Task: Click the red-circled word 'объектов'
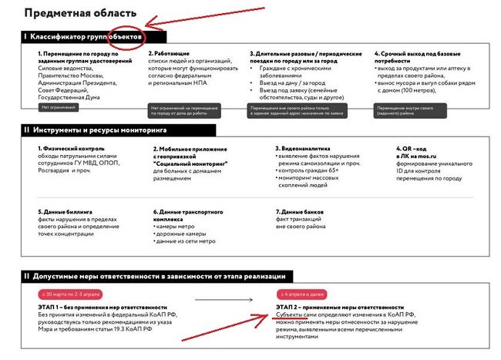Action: (x=124, y=36)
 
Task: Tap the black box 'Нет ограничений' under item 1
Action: (x=59, y=107)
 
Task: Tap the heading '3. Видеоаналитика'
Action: (x=305, y=148)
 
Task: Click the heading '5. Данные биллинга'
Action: (x=66, y=210)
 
